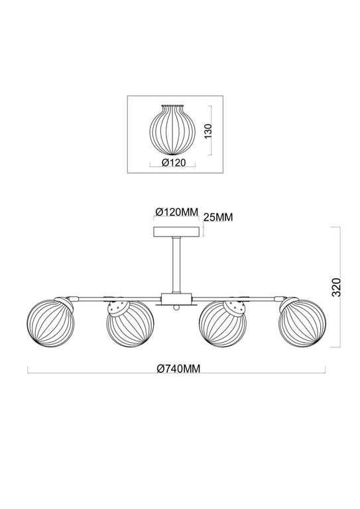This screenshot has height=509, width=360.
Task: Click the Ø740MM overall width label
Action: tap(178, 368)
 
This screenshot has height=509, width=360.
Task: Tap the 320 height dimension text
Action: tap(336, 287)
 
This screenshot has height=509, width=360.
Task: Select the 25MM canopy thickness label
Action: tap(218, 217)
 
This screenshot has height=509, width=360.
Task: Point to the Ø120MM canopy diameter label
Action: tap(176, 212)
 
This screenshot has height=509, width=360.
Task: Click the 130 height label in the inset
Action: tap(208, 131)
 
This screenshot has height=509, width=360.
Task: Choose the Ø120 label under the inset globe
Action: tap(174, 162)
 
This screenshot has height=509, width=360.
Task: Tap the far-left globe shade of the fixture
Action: tap(50, 323)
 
